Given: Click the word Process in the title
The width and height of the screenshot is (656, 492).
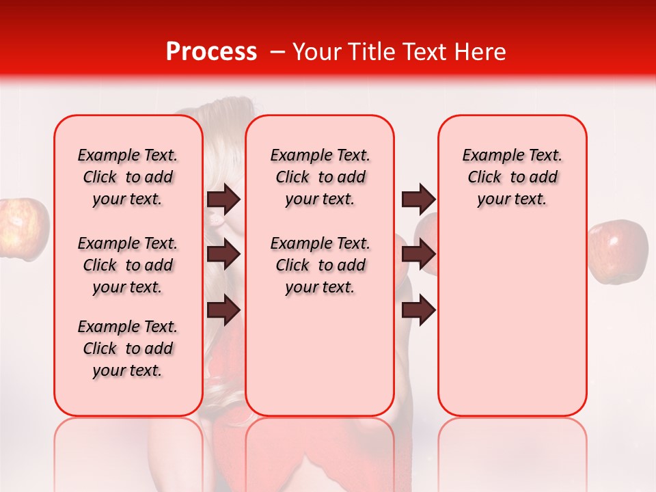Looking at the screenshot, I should click(211, 52).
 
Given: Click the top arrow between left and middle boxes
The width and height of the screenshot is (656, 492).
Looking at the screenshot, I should click(223, 199).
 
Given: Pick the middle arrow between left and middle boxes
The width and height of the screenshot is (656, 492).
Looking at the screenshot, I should click(223, 254).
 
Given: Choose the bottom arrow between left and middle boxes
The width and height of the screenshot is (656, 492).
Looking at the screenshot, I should click(223, 310).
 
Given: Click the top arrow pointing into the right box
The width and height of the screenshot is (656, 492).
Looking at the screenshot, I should click(418, 199).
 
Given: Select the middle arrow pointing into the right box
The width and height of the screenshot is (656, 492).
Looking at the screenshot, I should click(418, 254).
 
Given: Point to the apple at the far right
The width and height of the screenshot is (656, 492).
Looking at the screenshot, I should click(618, 251).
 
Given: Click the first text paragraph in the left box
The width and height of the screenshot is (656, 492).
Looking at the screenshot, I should click(128, 177).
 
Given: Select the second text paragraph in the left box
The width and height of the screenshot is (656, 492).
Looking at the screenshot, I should click(128, 265).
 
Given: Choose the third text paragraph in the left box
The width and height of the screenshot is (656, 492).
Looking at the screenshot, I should click(128, 348).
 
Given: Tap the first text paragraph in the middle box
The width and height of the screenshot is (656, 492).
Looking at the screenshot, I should click(320, 177).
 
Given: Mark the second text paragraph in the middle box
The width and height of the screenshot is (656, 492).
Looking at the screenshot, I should click(320, 265).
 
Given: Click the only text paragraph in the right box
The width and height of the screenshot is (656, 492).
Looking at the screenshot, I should click(512, 177).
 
